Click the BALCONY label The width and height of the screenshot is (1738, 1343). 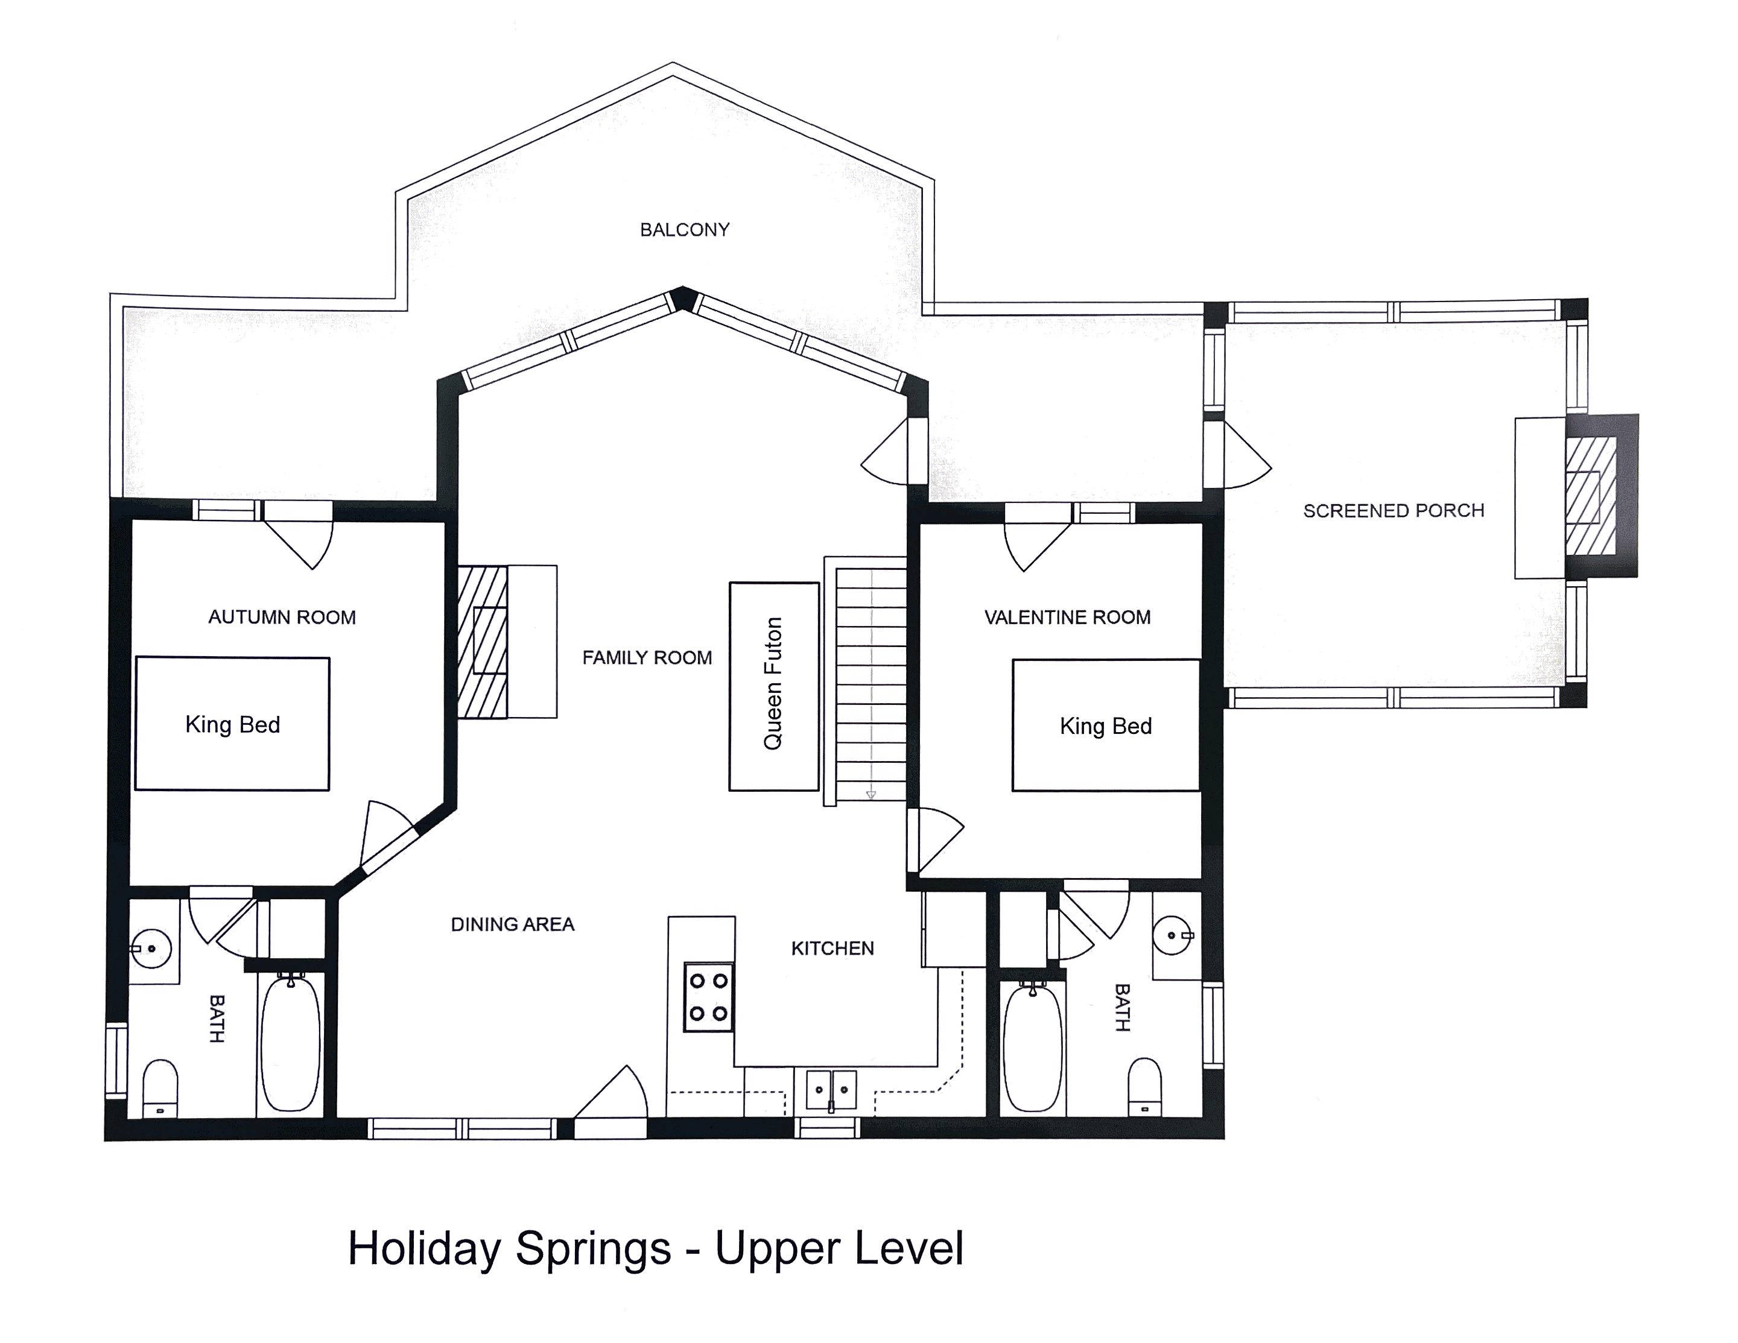684,230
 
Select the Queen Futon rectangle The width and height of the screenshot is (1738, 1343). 773,686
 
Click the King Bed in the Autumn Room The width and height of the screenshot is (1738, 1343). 232,724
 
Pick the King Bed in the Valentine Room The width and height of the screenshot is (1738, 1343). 1105,725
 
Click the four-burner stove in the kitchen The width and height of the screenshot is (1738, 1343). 708,997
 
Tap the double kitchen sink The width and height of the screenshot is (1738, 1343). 831,1090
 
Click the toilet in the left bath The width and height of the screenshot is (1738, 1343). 160,1088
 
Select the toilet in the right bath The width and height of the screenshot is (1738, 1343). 1144,1086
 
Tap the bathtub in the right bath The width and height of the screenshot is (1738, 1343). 1032,1046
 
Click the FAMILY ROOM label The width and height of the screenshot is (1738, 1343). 646,658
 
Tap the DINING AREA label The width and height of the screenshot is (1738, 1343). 513,924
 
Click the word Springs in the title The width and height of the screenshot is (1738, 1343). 593,1248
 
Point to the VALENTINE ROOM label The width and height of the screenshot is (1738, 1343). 1067,618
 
